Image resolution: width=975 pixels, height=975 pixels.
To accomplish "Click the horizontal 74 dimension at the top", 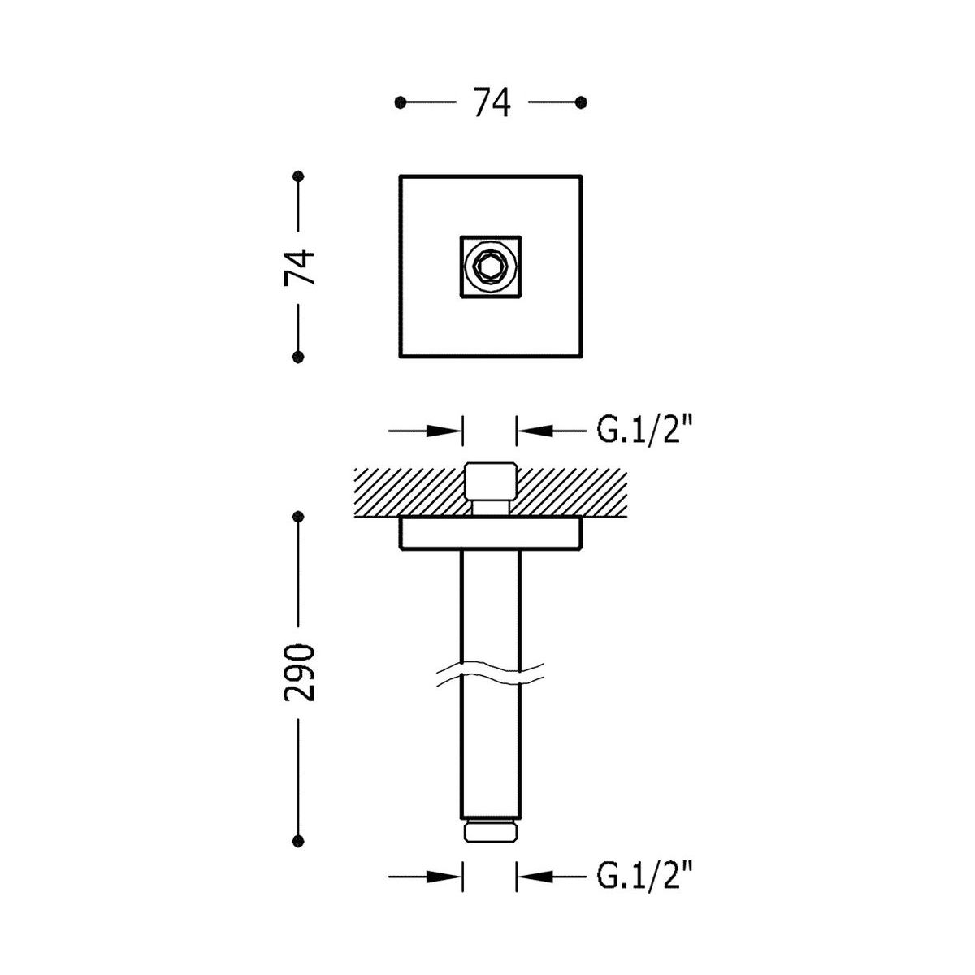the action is (492, 102).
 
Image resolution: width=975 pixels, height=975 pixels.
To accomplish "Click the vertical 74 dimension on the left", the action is (299, 266).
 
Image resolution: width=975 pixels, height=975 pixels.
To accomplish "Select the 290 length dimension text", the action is (299, 673).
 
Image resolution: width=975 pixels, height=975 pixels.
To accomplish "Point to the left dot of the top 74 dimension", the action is (401, 102).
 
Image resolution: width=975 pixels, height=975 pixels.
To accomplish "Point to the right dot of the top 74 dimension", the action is (582, 102).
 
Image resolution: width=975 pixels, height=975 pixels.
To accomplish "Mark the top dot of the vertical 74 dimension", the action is (298, 176).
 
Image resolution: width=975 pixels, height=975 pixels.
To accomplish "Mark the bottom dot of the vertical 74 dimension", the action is (298, 357).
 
